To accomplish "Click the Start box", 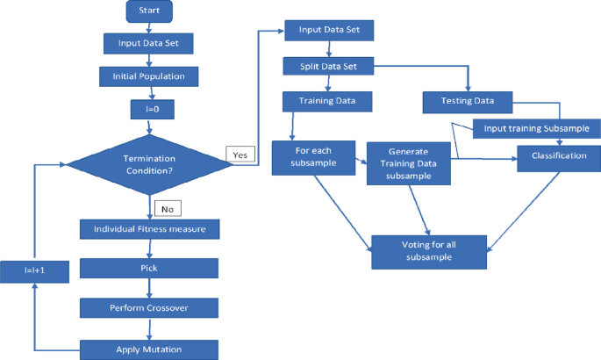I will pyautogui.click(x=149, y=11).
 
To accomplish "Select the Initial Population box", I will pyautogui.click(x=149, y=76).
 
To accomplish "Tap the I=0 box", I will pyautogui.click(x=149, y=111).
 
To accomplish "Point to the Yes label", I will pyautogui.click(x=240, y=155).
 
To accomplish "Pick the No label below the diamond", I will pyautogui.click(x=167, y=209).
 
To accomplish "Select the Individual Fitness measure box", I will pyautogui.click(x=149, y=230).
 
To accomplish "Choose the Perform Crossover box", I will pyautogui.click(x=149, y=307).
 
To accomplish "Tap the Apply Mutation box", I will pyautogui.click(x=149, y=349).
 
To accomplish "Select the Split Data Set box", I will pyautogui.click(x=328, y=67).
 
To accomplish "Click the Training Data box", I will pyautogui.click(x=326, y=103).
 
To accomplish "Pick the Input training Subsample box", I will pyautogui.click(x=537, y=129).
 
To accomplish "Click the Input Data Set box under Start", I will pyautogui.click(x=149, y=43).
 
